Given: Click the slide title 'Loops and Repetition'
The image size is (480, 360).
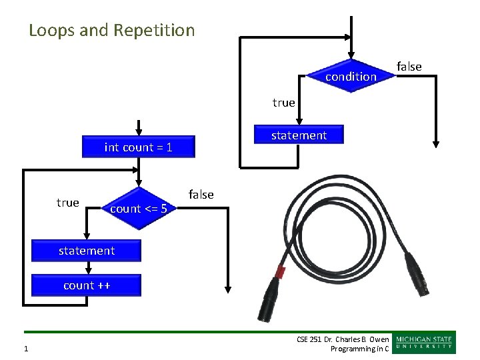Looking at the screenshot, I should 112,31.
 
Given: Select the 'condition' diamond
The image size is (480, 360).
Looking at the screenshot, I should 351,77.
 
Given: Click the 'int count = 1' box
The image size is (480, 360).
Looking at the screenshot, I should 139,147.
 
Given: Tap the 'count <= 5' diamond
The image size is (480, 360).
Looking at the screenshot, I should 138,209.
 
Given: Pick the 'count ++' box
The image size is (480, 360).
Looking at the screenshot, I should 87,285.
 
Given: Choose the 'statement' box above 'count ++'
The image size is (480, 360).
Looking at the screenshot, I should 87,251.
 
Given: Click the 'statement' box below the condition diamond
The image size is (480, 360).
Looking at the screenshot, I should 299,135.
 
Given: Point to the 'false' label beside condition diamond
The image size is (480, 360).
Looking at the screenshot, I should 409,66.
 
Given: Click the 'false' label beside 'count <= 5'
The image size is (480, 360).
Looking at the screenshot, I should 201,195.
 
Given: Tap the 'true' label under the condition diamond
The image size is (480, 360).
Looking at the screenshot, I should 283,103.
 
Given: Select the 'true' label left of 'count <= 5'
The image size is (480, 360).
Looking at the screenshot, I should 67,203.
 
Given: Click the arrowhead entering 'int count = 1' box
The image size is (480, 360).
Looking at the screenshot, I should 139,131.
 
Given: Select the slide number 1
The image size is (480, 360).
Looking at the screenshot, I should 25,349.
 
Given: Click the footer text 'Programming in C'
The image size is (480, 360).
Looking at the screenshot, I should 359,349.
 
